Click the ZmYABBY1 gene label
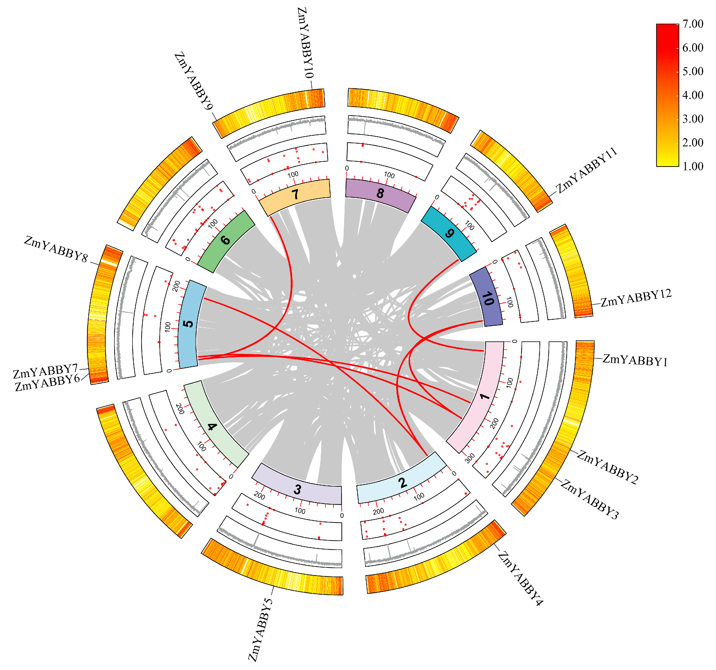pyautogui.click(x=635, y=360)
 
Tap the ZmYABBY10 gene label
pyautogui.click(x=305, y=43)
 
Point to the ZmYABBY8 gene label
pyautogui.click(x=56, y=249)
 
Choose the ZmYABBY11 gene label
pyautogui.click(x=587, y=170)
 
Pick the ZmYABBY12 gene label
pyautogui.click(x=636, y=298)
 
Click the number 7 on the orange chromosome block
pyautogui.click(x=295, y=194)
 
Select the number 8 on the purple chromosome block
pyautogui.click(x=380, y=194)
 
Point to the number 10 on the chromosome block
pyautogui.click(x=487, y=299)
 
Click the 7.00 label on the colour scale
pyautogui.click(x=693, y=24)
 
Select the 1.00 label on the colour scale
pyautogui.click(x=693, y=166)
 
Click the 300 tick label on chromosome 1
pyautogui.click(x=470, y=458)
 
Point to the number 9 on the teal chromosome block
pyautogui.click(x=449, y=234)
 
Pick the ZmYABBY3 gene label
pyautogui.click(x=590, y=499)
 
